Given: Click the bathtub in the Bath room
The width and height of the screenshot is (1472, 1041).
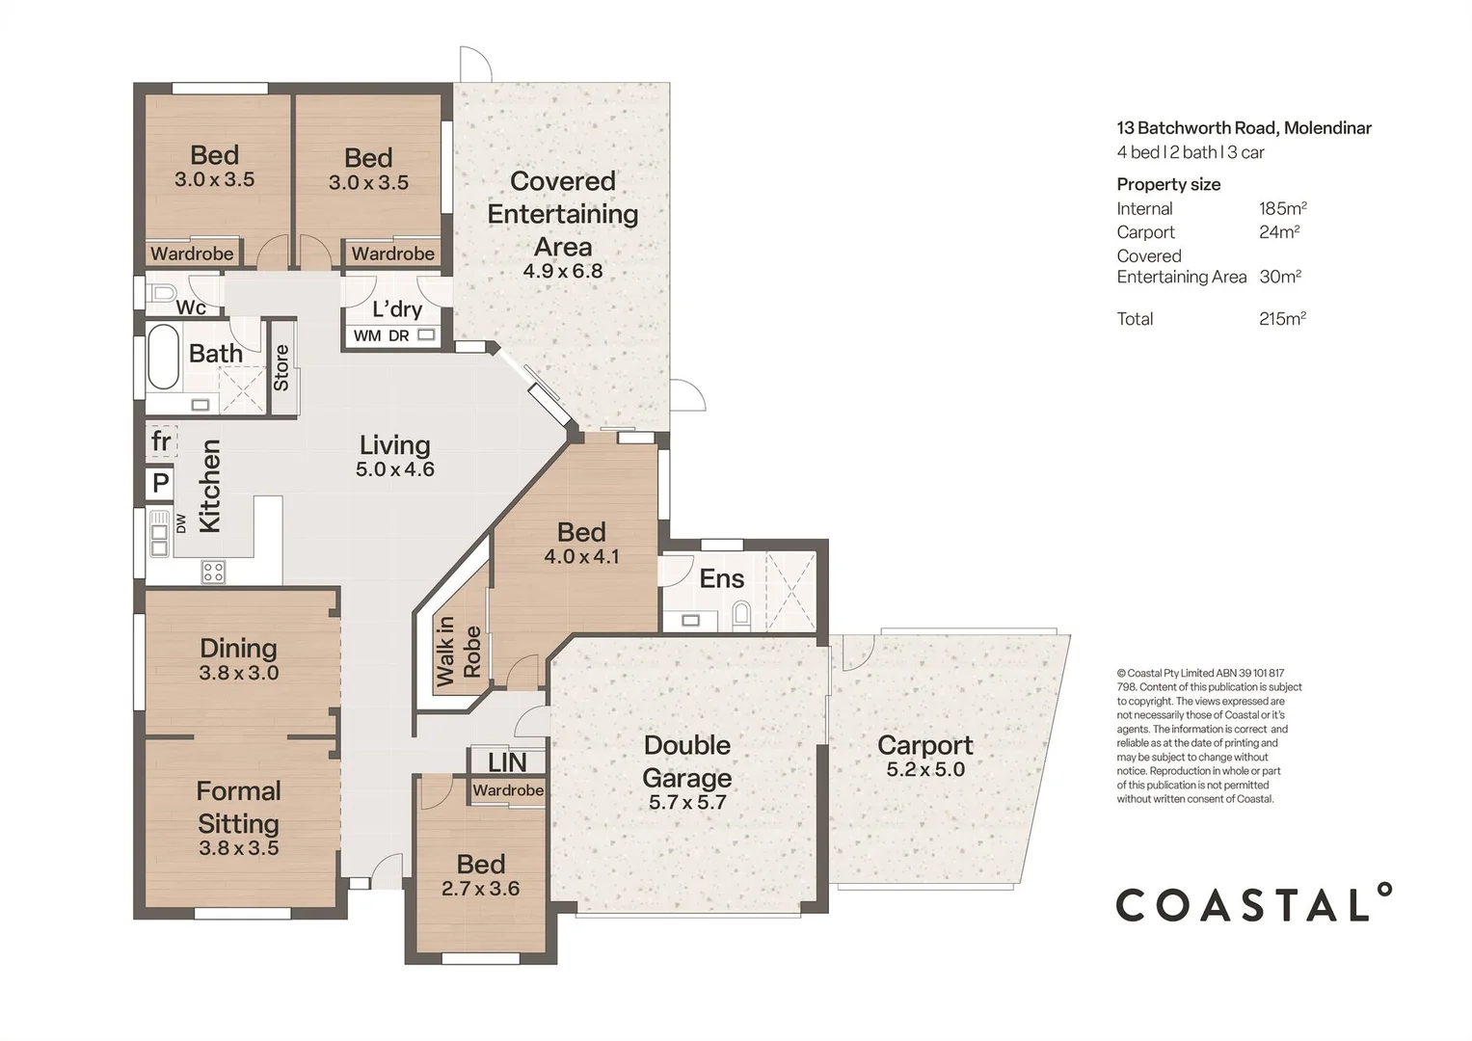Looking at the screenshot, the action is point(163,358).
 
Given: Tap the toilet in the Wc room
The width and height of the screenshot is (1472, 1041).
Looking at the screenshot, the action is point(162,293).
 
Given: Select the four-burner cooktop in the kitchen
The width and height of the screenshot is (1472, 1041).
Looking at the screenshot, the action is point(214,572).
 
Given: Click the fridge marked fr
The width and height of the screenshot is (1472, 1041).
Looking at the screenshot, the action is point(161,441).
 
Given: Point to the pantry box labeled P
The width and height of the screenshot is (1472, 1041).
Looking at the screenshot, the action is point(160,483).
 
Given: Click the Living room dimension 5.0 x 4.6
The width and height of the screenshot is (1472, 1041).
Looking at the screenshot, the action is point(395,469).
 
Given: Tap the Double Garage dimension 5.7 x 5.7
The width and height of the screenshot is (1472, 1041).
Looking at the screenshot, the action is point(687,802).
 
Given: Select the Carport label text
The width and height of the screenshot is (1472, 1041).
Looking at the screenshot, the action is point(925,745).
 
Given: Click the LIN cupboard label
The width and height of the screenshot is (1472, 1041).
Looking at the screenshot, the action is point(507,762).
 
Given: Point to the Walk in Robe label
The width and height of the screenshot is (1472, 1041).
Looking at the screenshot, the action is point(459,652).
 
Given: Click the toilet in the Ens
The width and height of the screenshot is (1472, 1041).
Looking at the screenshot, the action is point(741,613).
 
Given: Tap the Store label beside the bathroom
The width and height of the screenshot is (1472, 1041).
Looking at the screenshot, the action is point(281,368).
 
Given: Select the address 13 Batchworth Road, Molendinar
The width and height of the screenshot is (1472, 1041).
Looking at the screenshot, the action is point(1244,127).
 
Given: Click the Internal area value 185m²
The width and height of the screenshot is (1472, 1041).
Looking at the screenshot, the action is point(1283,208).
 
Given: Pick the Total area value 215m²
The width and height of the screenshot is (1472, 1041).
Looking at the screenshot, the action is point(1283,319).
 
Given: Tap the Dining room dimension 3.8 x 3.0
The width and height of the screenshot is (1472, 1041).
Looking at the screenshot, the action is point(239,673).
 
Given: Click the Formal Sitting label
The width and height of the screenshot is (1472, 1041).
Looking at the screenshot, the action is point(238,807).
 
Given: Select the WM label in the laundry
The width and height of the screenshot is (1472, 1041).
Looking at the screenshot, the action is point(367,335).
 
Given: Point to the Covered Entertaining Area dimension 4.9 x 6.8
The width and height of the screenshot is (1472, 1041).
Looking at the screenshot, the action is point(563,271).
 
